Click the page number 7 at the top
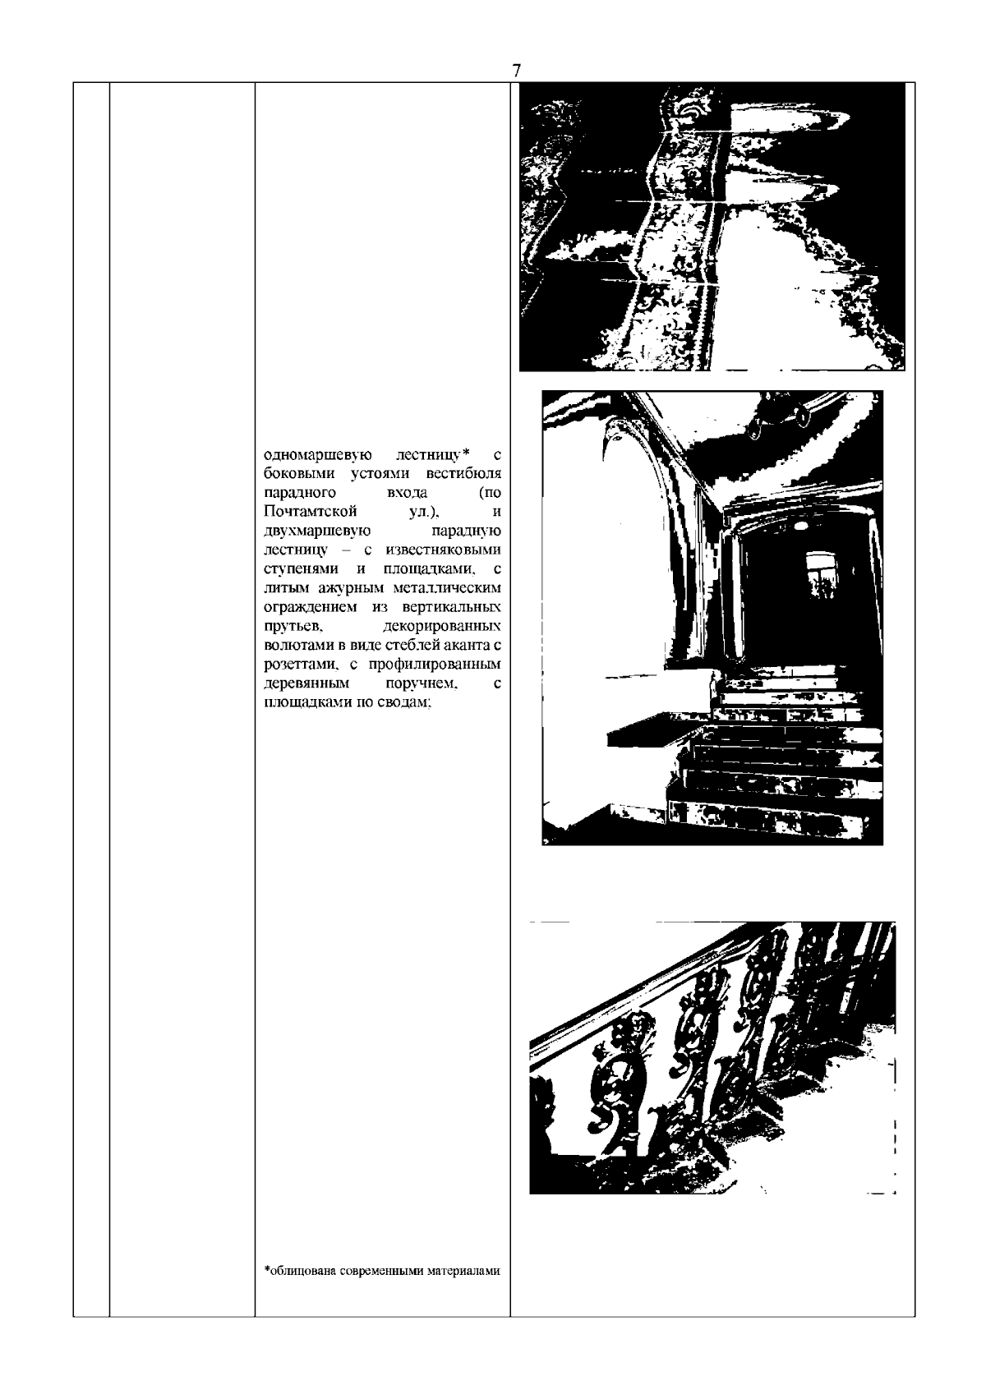point(516,71)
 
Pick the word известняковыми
point(444,550)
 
